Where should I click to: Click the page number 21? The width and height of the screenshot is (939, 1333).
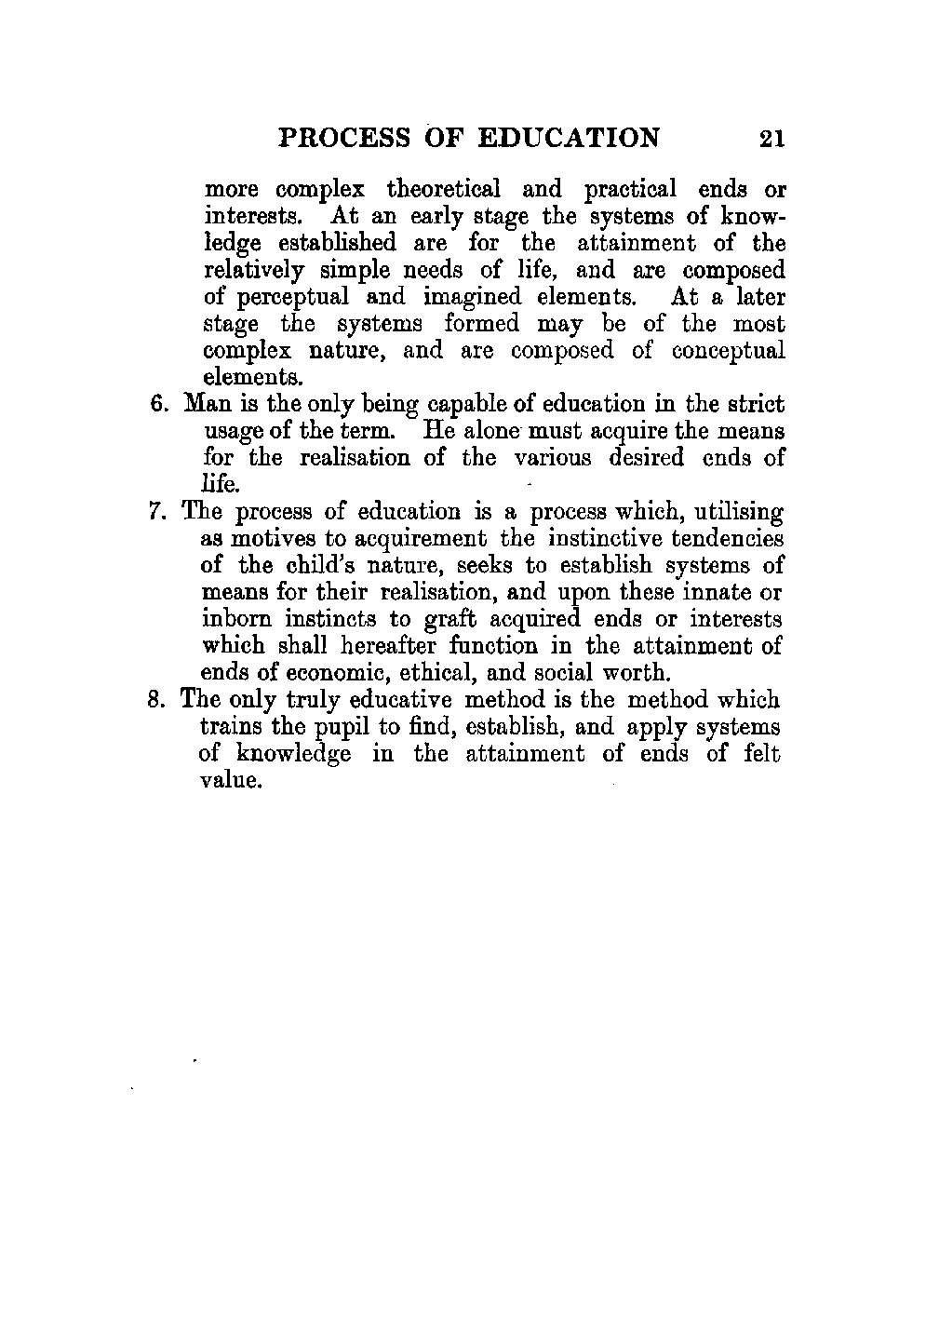pos(772,139)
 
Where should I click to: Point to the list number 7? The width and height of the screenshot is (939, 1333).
pos(156,512)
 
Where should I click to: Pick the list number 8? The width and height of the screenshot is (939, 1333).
pos(157,700)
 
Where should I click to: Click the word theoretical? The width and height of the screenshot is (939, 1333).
pos(443,190)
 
